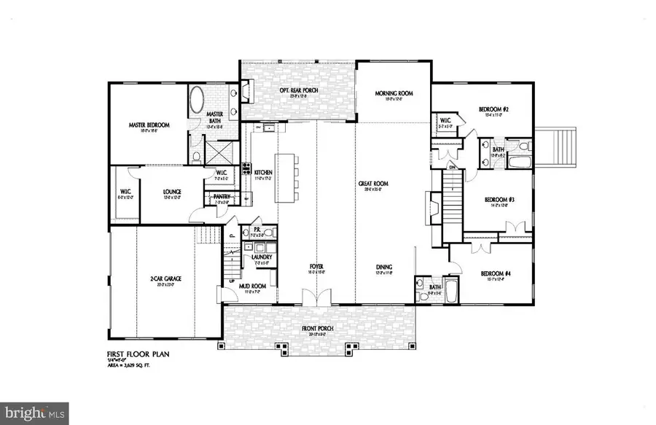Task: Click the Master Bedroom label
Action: [149, 125]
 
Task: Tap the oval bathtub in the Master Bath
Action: [198, 101]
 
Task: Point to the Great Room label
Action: [371, 184]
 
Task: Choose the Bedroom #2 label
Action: [493, 109]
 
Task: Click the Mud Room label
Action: [251, 287]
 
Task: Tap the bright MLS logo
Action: [35, 413]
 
